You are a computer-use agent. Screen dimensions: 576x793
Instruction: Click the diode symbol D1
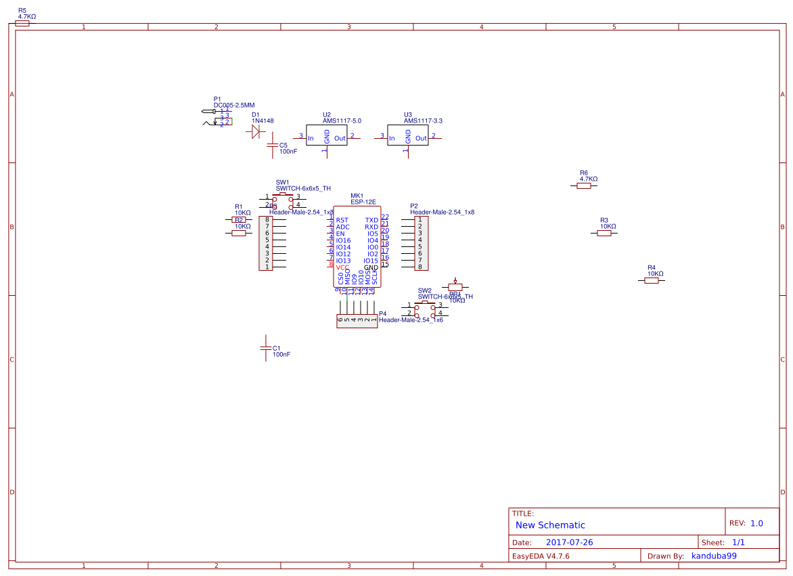256,133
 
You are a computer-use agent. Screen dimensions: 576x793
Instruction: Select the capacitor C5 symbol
273,146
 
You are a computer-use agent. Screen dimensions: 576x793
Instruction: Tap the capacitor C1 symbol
266,348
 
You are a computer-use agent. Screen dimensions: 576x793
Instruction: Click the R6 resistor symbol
584,186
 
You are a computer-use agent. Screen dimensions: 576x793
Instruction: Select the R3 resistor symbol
604,233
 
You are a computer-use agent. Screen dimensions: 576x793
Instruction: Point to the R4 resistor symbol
652,280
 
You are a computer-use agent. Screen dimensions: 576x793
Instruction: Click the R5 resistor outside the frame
22,23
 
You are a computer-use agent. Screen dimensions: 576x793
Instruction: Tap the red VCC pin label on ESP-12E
343,267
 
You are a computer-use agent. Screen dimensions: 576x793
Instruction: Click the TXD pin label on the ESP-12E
371,220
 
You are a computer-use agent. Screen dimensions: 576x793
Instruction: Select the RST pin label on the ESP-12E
342,220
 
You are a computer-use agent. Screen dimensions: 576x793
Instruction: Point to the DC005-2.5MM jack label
234,105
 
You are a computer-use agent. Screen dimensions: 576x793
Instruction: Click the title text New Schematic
550,525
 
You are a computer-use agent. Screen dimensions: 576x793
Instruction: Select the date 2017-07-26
569,543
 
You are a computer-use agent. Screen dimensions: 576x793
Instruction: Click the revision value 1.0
756,523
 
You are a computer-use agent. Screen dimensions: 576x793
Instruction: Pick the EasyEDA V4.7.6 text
541,556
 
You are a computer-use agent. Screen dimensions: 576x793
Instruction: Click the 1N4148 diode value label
263,120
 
